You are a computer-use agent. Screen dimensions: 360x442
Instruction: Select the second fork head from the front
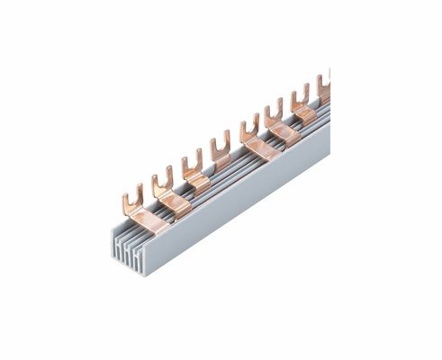coord(162,176)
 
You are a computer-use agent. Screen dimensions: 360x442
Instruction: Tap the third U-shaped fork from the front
coord(190,162)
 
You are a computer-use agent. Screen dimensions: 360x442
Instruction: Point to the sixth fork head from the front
coord(274,111)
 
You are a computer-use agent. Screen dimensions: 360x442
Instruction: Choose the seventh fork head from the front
coord(301,94)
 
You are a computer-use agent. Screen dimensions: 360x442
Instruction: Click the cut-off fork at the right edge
coord(329,74)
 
